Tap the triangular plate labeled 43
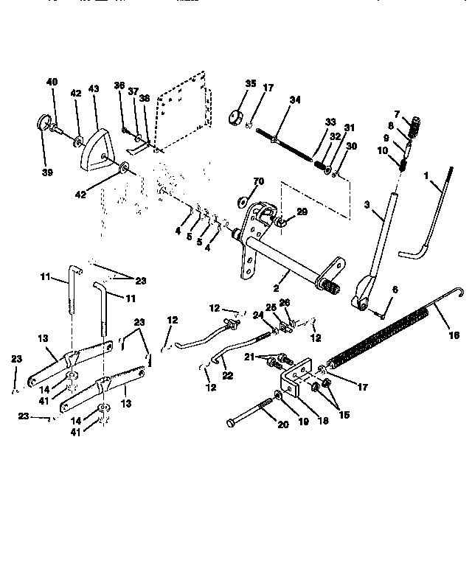[x=96, y=144]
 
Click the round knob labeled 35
[x=237, y=116]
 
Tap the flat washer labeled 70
[x=243, y=200]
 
